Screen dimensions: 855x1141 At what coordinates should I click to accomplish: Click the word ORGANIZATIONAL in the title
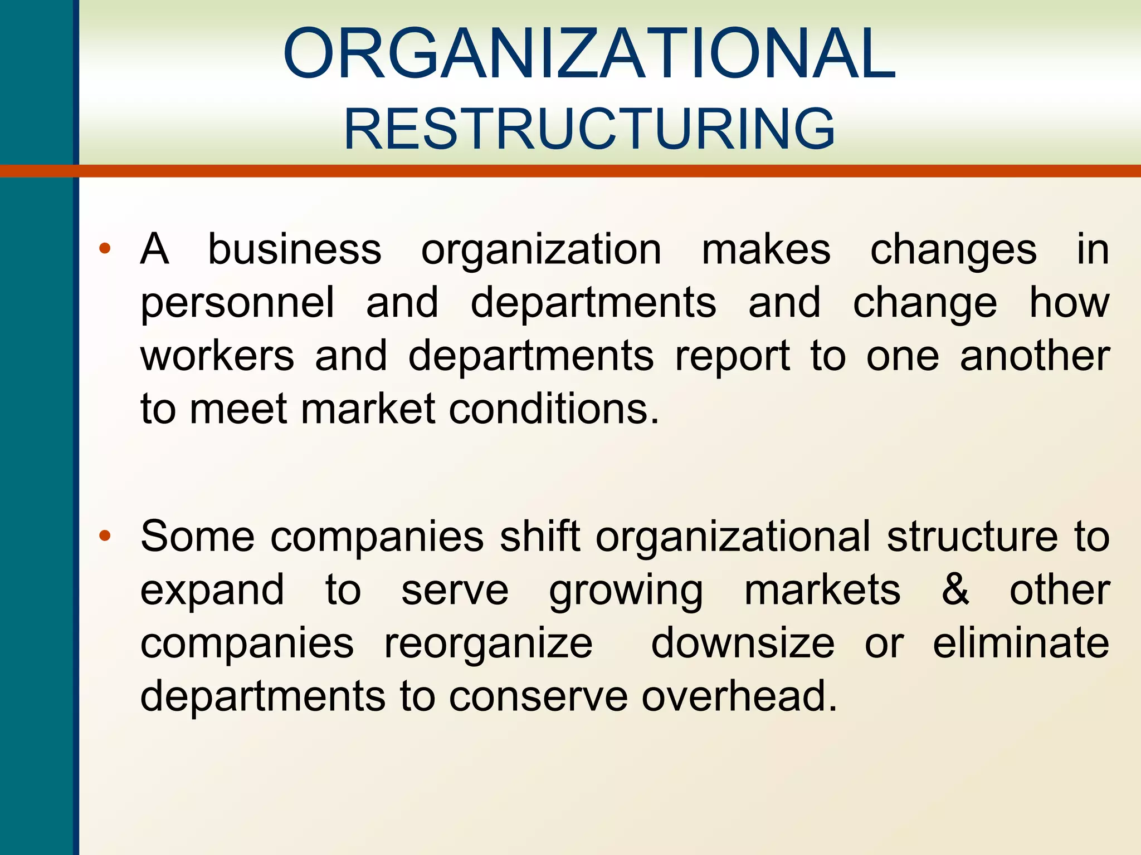589,53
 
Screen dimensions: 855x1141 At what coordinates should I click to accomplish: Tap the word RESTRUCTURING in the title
589,129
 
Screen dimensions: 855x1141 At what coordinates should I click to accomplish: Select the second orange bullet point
105,536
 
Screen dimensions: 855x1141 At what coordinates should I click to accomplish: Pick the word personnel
237,303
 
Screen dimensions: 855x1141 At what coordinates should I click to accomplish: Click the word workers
217,356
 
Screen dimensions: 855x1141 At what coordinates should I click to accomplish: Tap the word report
733,356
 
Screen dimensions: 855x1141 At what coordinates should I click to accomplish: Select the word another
1035,356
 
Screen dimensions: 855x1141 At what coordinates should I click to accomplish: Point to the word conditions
554,409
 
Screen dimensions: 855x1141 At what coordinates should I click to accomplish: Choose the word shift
540,537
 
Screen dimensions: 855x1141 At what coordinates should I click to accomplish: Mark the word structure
972,537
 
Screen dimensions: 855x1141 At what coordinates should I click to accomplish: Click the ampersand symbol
955,590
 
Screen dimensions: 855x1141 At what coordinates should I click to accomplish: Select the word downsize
743,643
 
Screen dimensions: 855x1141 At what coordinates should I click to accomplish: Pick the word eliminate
1021,643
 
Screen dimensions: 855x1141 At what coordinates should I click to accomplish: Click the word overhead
739,696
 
